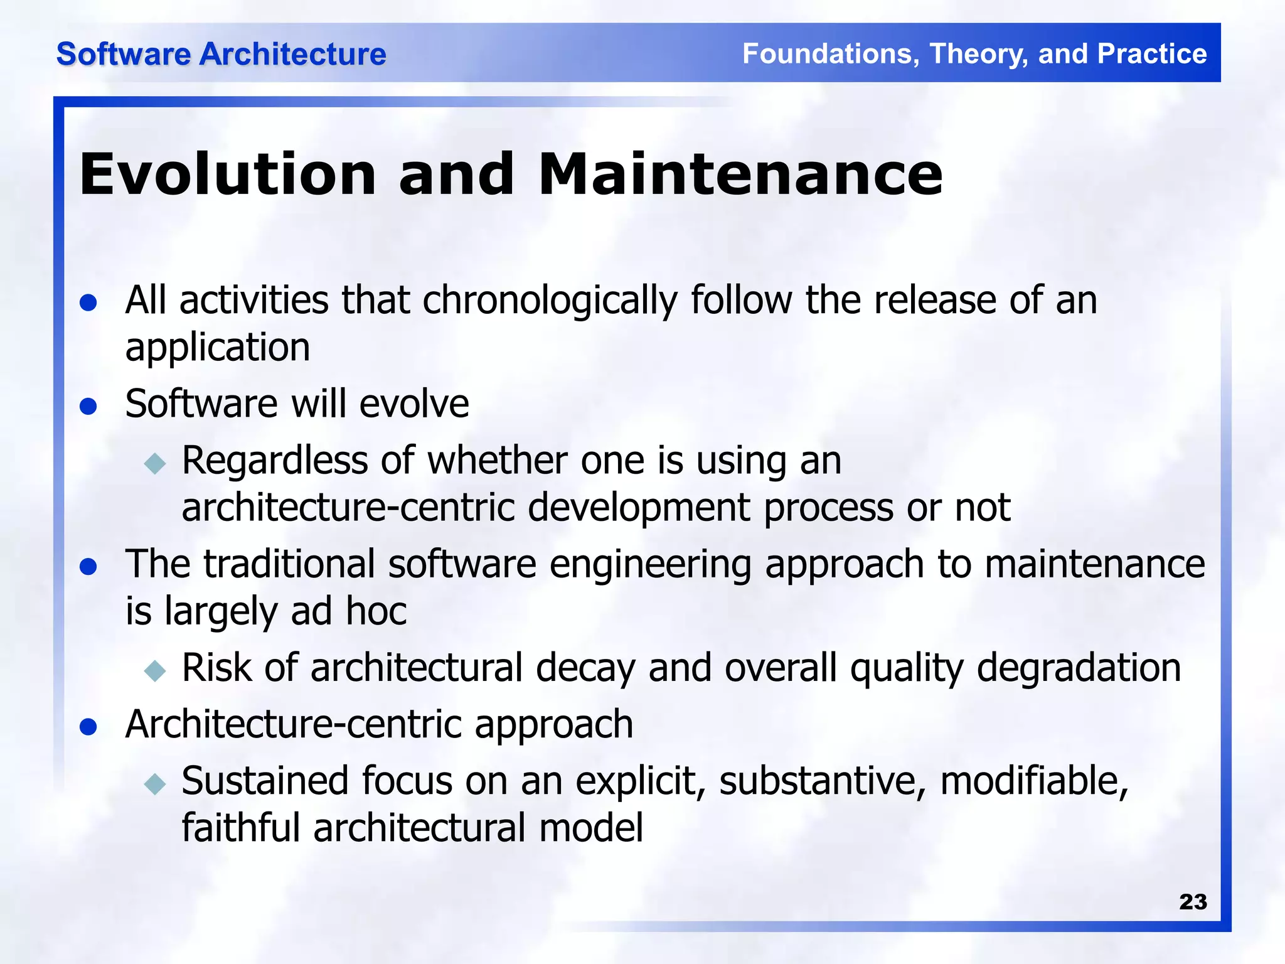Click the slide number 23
point(1193,902)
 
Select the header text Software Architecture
point(221,54)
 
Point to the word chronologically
point(550,301)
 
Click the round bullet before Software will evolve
point(88,406)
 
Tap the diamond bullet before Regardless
point(154,464)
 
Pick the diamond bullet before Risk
point(154,670)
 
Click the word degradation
point(1079,668)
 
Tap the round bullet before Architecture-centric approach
point(88,727)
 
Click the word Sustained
point(264,781)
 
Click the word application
point(218,348)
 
